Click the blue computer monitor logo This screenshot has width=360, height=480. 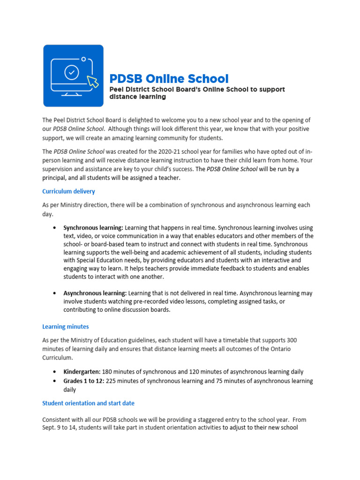(x=73, y=75)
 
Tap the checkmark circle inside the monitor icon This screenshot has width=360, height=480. (x=71, y=73)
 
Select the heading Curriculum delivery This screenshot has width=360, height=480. (x=68, y=191)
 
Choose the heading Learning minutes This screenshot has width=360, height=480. (x=65, y=326)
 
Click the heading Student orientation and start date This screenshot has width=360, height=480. (x=88, y=403)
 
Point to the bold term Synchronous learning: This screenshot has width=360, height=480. (x=93, y=227)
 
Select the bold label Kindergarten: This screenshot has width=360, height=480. (x=82, y=372)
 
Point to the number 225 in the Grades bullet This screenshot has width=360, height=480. (x=111, y=381)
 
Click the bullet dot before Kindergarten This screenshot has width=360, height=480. (x=56, y=372)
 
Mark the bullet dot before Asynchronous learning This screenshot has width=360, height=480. (x=56, y=293)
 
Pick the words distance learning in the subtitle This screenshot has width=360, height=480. (x=137, y=97)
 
